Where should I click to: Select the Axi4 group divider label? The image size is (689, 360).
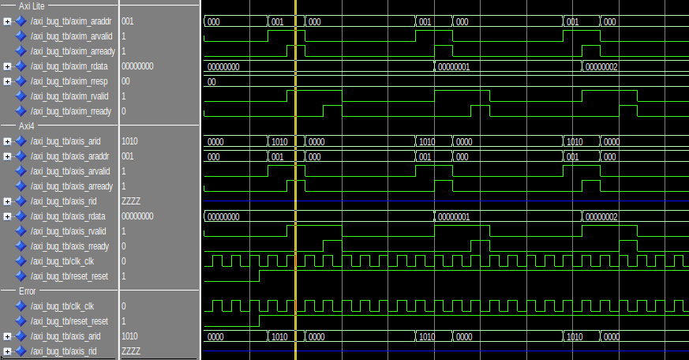tap(28, 126)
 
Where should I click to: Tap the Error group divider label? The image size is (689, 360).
tap(28, 291)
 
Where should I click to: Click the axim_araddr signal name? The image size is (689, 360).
tap(72, 21)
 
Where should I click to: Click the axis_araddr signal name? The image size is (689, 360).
tap(71, 156)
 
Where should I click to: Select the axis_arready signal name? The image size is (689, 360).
tap(72, 186)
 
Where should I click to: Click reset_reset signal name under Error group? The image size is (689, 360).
tap(69, 321)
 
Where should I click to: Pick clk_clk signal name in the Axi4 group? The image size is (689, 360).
tap(62, 261)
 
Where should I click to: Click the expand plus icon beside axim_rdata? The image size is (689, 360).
tap(7, 66)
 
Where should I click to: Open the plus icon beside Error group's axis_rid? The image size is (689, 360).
tap(7, 351)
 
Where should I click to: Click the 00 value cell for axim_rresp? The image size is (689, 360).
tap(126, 81)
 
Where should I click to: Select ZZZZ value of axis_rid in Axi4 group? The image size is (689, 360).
tap(131, 201)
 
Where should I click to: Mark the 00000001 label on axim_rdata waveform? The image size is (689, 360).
tap(454, 67)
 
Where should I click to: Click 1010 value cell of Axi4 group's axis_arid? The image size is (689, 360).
tap(129, 141)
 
